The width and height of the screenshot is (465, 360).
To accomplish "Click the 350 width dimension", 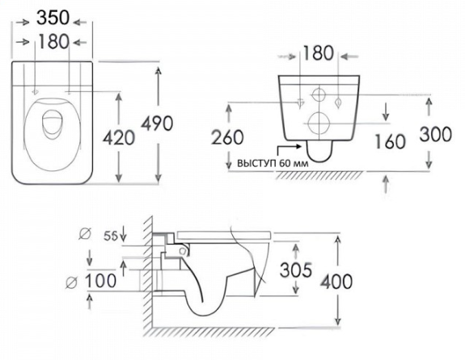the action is (53, 18).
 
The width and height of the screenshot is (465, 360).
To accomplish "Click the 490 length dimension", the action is (157, 123).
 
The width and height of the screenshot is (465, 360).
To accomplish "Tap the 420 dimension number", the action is (119, 138).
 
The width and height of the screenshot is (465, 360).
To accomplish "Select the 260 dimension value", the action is (227, 137).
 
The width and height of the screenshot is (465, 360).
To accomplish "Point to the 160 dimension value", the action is (390, 141).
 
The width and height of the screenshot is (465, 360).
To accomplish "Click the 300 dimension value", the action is (436, 134).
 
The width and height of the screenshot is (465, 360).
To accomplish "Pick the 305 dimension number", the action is (296, 270).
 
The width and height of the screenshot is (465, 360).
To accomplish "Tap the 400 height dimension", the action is (336, 281).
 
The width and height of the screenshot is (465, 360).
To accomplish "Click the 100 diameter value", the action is (101, 281).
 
